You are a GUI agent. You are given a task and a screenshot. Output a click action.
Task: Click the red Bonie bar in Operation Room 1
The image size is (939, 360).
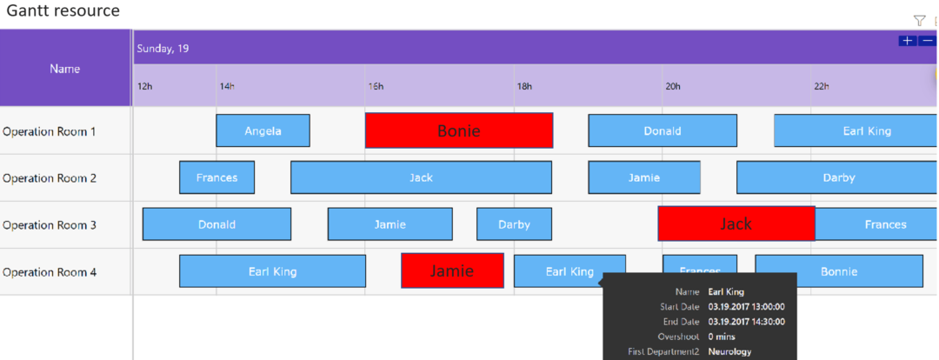pyautogui.click(x=458, y=130)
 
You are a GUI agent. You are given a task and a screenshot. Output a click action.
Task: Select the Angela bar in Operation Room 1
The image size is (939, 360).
pyautogui.click(x=263, y=130)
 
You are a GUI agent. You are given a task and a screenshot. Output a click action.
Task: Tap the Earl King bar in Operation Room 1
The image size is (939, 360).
pyautogui.click(x=856, y=130)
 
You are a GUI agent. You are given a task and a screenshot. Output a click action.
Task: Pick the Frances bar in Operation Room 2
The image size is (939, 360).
pyautogui.click(x=216, y=177)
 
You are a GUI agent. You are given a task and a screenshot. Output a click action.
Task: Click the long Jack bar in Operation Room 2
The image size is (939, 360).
pyautogui.click(x=421, y=177)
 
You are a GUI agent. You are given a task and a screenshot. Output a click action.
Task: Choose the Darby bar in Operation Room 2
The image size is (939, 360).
pyautogui.click(x=837, y=177)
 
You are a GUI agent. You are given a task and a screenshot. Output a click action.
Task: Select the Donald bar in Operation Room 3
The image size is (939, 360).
pyautogui.click(x=216, y=224)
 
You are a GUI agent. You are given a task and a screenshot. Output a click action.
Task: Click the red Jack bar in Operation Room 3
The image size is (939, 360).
pyautogui.click(x=736, y=223)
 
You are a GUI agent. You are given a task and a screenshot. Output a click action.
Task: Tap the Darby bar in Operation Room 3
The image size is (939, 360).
pyautogui.click(x=514, y=224)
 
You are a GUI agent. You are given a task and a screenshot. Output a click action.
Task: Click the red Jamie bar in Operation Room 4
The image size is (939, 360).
pyautogui.click(x=452, y=270)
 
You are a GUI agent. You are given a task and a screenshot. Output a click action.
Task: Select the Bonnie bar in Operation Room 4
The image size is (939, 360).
pyautogui.click(x=838, y=271)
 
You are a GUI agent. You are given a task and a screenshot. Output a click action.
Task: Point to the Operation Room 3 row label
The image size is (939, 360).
pyautogui.click(x=50, y=225)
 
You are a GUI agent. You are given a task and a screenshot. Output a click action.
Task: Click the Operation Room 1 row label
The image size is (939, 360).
pyautogui.click(x=50, y=131)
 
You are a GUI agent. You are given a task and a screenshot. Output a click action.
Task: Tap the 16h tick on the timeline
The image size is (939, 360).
pyautogui.click(x=376, y=86)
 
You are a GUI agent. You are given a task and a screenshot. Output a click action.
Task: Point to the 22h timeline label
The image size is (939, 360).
pyautogui.click(x=822, y=86)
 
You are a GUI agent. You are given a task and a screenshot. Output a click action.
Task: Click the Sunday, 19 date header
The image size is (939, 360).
pyautogui.click(x=163, y=49)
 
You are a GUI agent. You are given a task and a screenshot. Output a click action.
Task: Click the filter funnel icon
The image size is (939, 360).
pyautogui.click(x=919, y=20)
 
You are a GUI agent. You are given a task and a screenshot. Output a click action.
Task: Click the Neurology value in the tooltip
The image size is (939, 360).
pyautogui.click(x=730, y=351)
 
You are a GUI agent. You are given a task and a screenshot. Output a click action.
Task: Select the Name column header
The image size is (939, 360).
pyautogui.click(x=65, y=68)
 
